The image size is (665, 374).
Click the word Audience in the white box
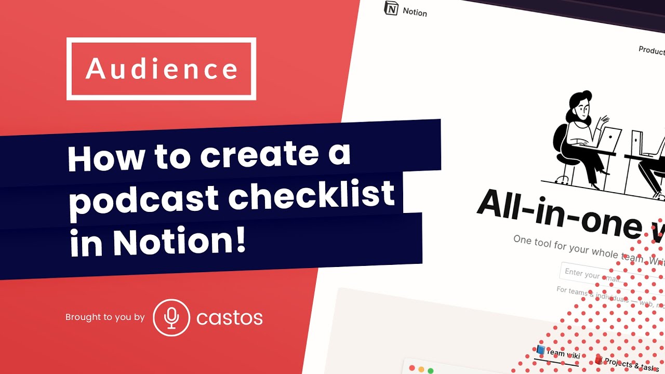(x=162, y=69)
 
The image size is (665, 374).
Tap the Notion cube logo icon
(x=391, y=8)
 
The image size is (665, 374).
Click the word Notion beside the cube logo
(x=415, y=12)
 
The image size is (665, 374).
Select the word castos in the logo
(x=229, y=318)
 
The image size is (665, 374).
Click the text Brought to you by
(x=105, y=317)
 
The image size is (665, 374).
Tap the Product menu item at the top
(x=651, y=50)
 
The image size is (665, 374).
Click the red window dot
(x=413, y=368)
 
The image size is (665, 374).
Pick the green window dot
(x=430, y=370)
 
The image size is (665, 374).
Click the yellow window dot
(x=421, y=369)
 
